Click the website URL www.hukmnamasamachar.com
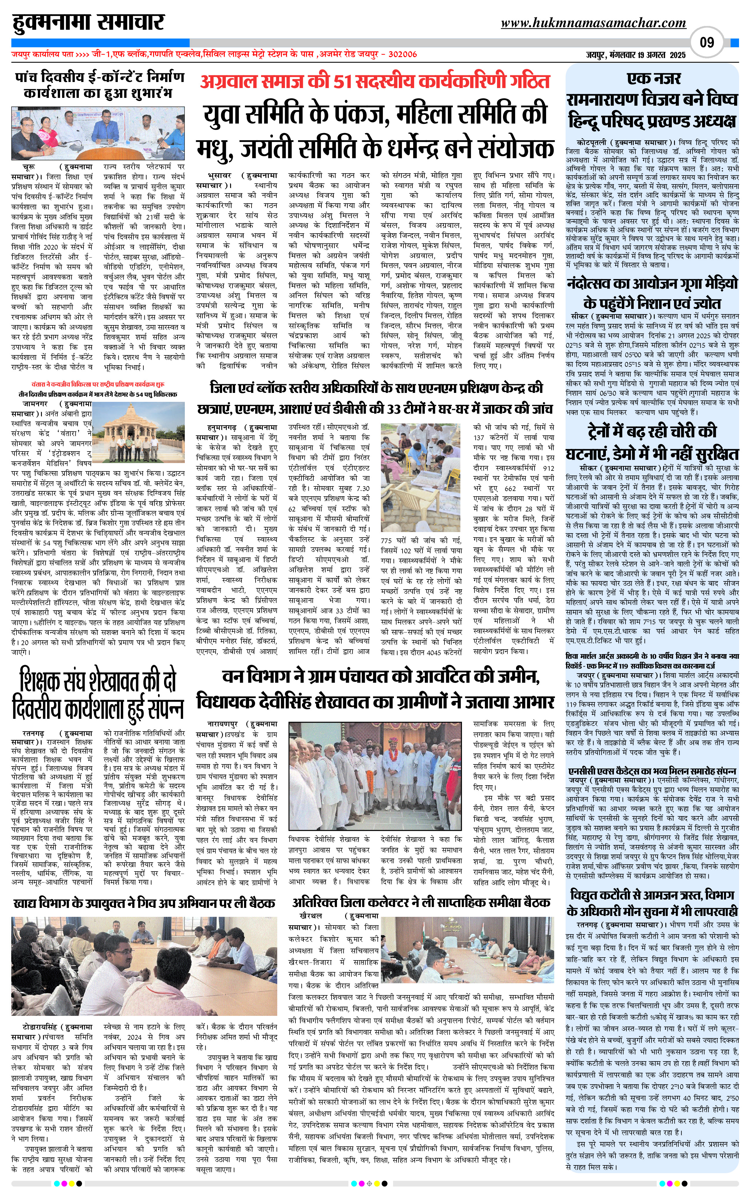593,23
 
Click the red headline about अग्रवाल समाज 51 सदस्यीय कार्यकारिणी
375,81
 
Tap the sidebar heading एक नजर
654,78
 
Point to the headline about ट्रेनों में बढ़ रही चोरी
652,443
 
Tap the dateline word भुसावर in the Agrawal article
219,176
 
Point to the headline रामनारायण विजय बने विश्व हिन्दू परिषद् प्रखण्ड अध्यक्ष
652,110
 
